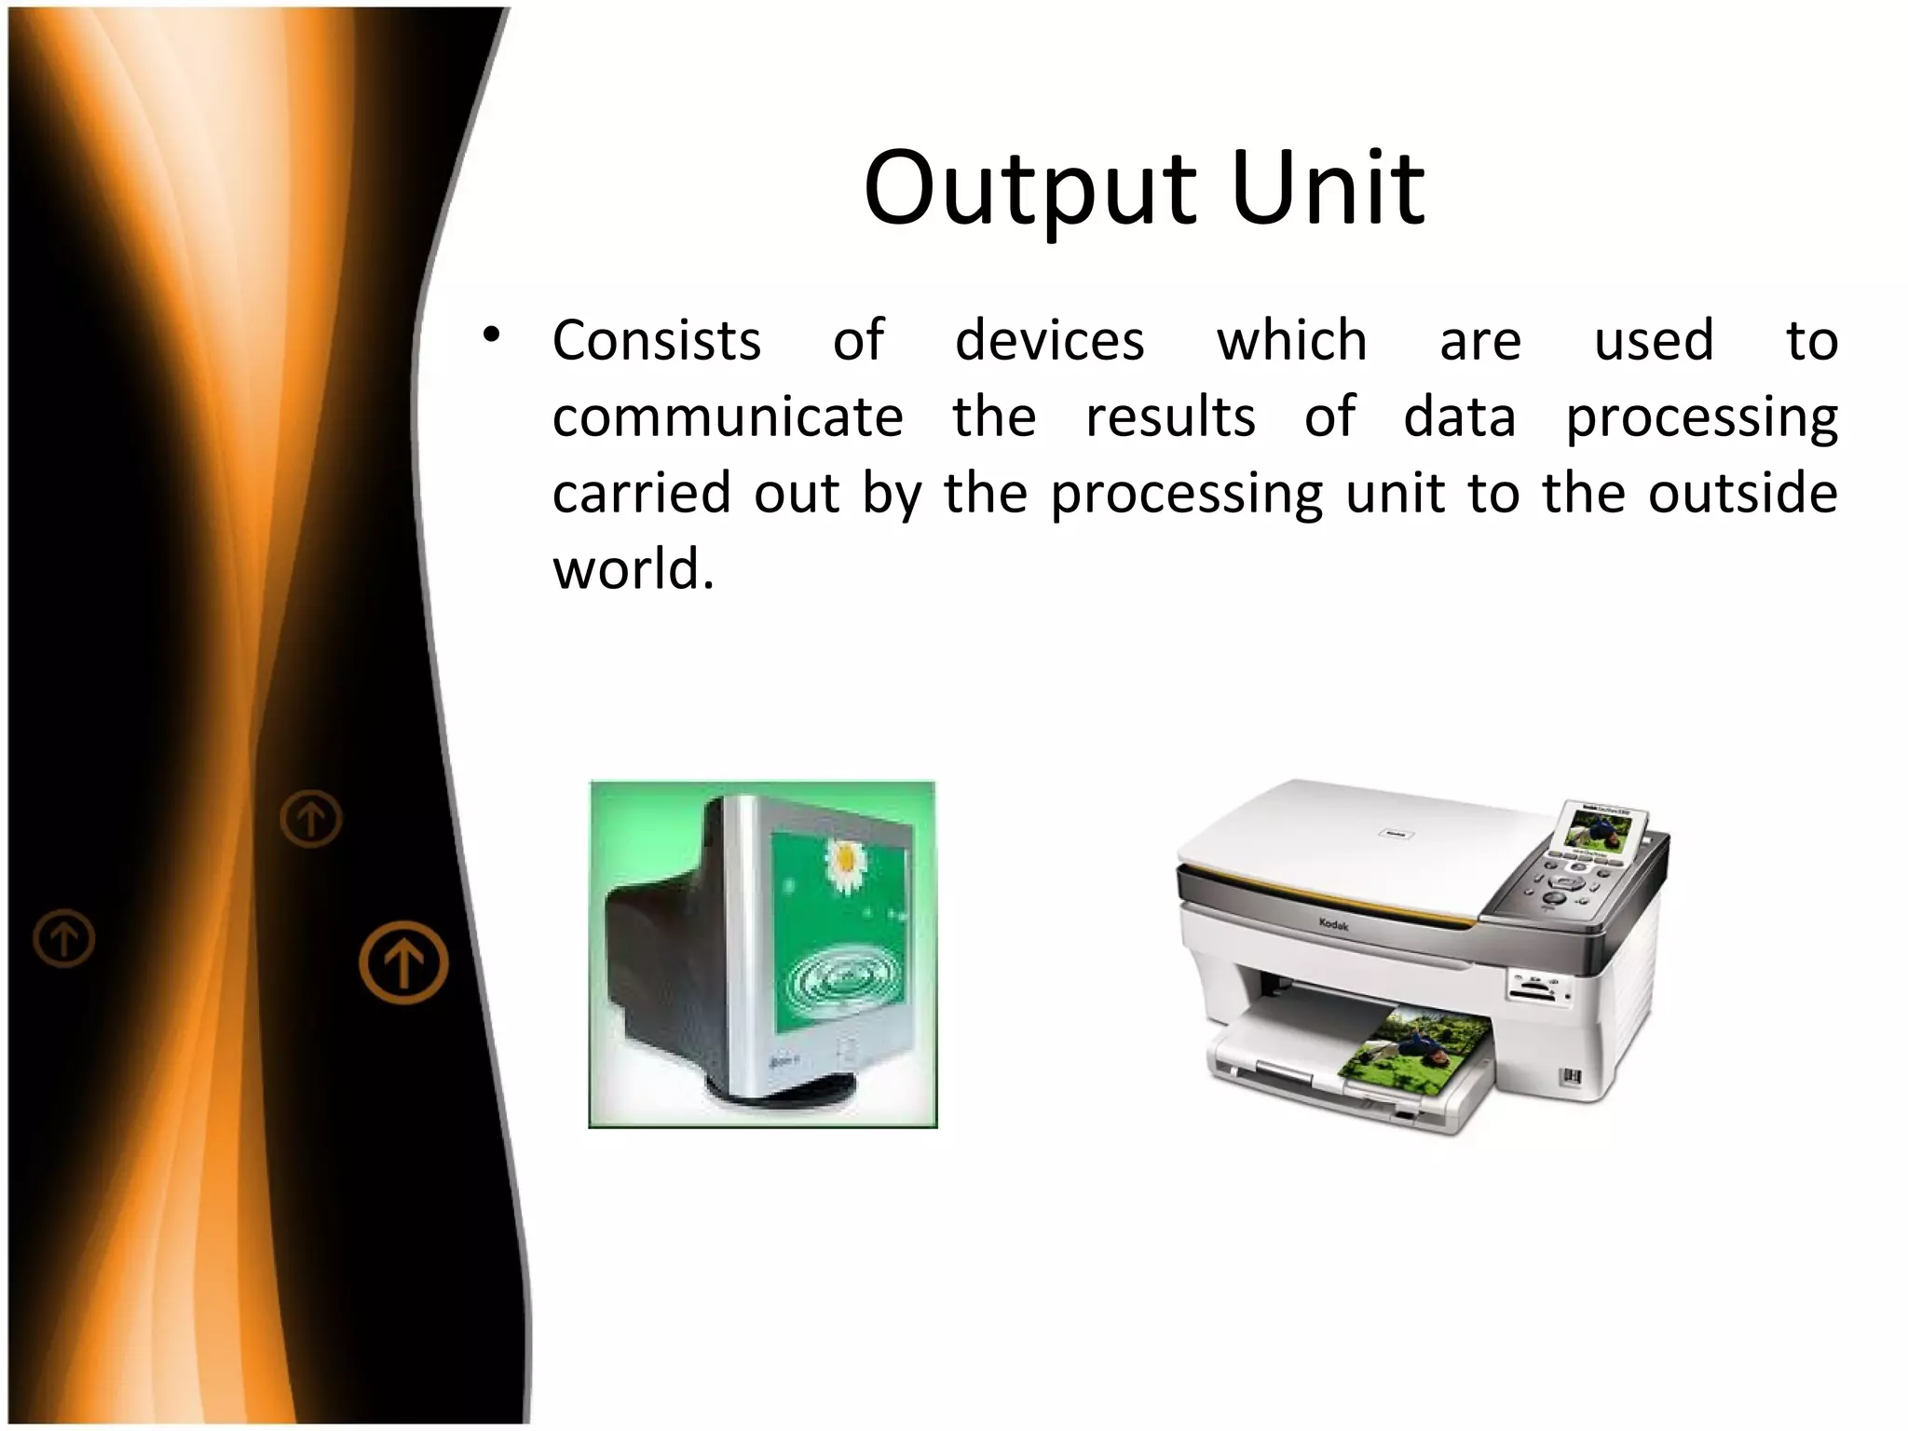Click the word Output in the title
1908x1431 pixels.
tap(1029, 190)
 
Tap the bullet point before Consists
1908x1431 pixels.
tap(492, 334)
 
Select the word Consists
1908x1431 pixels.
tap(657, 340)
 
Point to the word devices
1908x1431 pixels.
tap(1049, 340)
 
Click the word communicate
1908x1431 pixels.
tap(728, 416)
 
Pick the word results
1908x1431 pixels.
tap(1170, 416)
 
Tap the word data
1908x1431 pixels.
tap(1459, 416)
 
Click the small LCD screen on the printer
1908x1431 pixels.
tap(1598, 829)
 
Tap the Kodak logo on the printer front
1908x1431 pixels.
tap(1333, 924)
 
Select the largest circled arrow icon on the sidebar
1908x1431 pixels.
tap(403, 961)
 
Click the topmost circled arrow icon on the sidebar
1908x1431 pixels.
tap(311, 819)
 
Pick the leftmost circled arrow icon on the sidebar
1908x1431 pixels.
tap(64, 938)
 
